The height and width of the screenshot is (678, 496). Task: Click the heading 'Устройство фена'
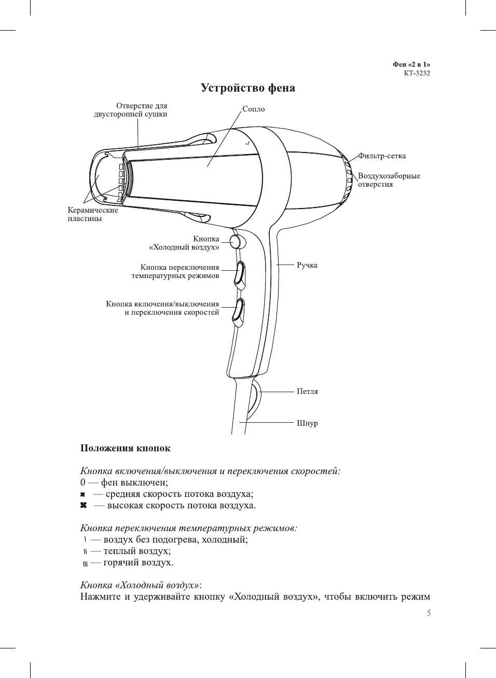click(x=247, y=88)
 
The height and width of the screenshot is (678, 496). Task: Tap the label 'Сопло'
click(x=253, y=109)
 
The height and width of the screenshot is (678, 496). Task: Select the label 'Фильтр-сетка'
click(x=381, y=156)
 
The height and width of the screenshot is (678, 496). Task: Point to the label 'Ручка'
click(x=307, y=265)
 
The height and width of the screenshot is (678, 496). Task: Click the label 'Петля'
click(x=307, y=392)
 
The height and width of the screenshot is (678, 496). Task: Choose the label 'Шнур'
click(x=307, y=423)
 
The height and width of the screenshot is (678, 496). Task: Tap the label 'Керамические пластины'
click(x=92, y=214)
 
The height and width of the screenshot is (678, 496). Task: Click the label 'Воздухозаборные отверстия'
click(x=389, y=180)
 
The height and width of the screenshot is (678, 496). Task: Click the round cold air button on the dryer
click(x=236, y=242)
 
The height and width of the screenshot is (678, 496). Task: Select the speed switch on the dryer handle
click(x=238, y=311)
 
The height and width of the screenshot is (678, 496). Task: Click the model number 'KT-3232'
click(x=417, y=73)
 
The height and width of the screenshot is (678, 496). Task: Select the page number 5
click(x=429, y=613)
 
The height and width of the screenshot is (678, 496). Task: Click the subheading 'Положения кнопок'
click(x=125, y=448)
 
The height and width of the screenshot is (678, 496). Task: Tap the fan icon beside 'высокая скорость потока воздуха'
click(x=83, y=505)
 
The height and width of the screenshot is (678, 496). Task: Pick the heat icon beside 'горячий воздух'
click(x=84, y=563)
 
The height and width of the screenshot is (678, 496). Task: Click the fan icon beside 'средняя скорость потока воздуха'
click(x=83, y=494)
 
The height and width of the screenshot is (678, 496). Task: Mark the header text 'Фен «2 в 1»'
click(x=411, y=65)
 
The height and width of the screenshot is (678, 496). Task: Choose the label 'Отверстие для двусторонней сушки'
click(x=130, y=110)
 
